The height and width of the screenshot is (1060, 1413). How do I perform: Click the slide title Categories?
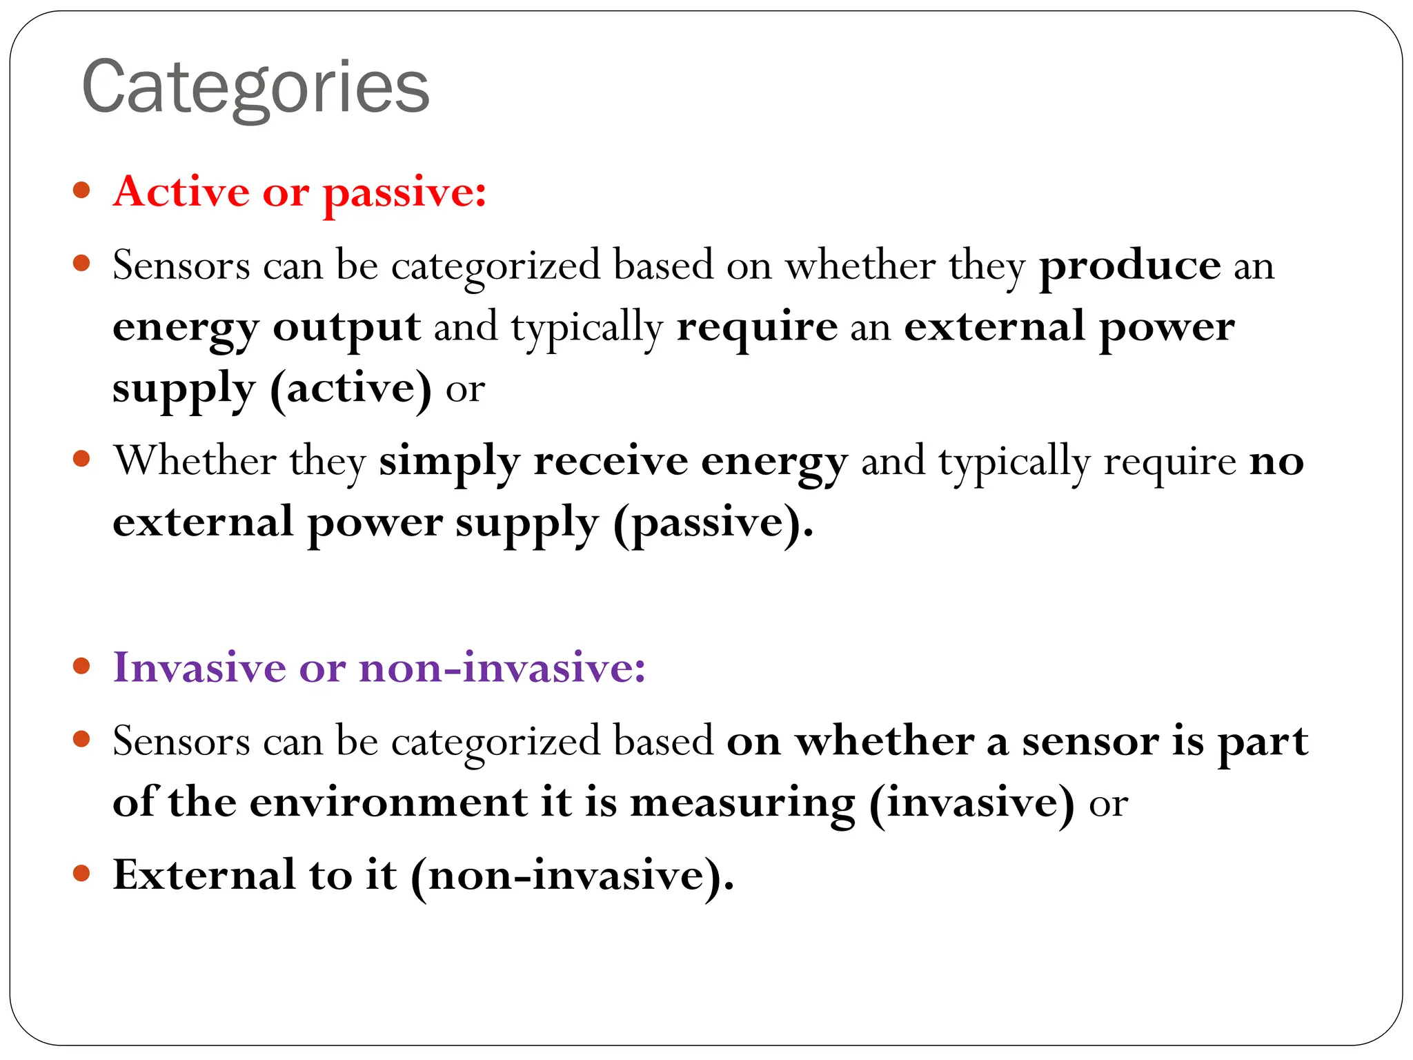(255, 88)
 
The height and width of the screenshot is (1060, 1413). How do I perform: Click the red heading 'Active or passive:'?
(300, 191)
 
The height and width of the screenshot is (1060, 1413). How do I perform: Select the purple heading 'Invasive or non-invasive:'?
(379, 667)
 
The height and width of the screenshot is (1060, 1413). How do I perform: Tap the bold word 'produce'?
(1130, 266)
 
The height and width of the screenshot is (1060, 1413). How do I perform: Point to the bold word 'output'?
(346, 327)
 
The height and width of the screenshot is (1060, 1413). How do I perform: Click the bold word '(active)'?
(350, 389)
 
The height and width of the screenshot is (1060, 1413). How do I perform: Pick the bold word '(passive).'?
(713, 523)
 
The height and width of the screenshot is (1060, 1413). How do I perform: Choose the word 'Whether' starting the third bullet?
(195, 461)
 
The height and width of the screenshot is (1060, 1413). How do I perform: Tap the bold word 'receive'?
(611, 461)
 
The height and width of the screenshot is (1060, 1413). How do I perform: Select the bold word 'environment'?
(388, 803)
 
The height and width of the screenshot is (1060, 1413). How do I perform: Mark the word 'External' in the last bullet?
(204, 875)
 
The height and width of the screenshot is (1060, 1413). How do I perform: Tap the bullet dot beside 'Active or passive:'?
(81, 190)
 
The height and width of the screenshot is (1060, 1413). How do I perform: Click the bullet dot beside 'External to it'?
(81, 874)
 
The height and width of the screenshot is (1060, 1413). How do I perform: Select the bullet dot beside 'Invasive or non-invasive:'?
(81, 666)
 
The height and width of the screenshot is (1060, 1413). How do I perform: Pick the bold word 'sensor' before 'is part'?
(1090, 742)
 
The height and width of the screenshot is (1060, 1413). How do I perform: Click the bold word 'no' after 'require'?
(1276, 461)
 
